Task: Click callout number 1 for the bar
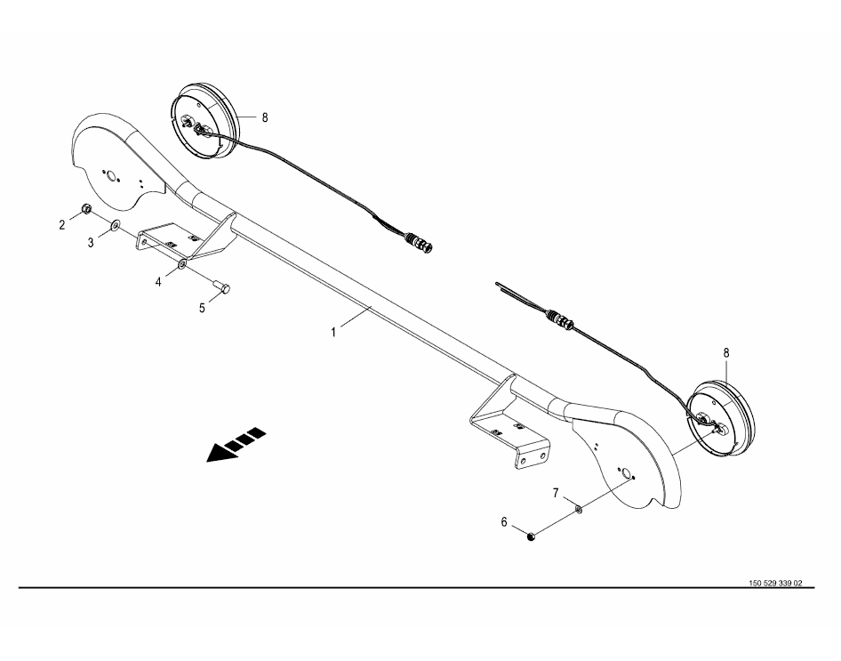333,333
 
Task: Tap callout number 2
62,225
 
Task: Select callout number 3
91,243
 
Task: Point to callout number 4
158,282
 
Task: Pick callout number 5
202,309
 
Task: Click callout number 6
504,522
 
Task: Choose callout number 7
556,493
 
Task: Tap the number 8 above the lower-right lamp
726,353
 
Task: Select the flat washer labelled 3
116,225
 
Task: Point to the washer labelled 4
182,263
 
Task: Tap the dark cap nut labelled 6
531,536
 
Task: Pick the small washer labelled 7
580,508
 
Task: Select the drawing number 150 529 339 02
775,584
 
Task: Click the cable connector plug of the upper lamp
419,242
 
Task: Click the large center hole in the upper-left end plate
111,176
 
